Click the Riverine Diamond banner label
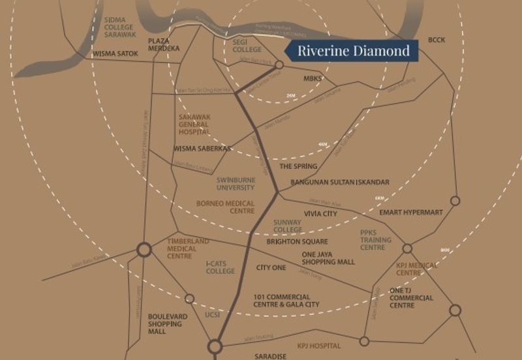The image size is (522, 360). point(354,50)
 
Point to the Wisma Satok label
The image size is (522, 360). point(115,54)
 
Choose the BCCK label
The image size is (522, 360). point(437,40)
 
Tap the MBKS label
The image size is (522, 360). point(313,79)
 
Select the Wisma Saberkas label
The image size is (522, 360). point(202,149)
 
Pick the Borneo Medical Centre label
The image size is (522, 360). point(226,207)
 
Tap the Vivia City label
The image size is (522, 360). point(320,213)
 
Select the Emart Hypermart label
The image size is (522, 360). point(411,213)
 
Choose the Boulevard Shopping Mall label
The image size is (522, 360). point(168,323)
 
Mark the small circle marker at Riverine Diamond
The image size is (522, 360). point(279,65)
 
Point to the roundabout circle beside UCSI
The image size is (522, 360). point(189,299)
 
